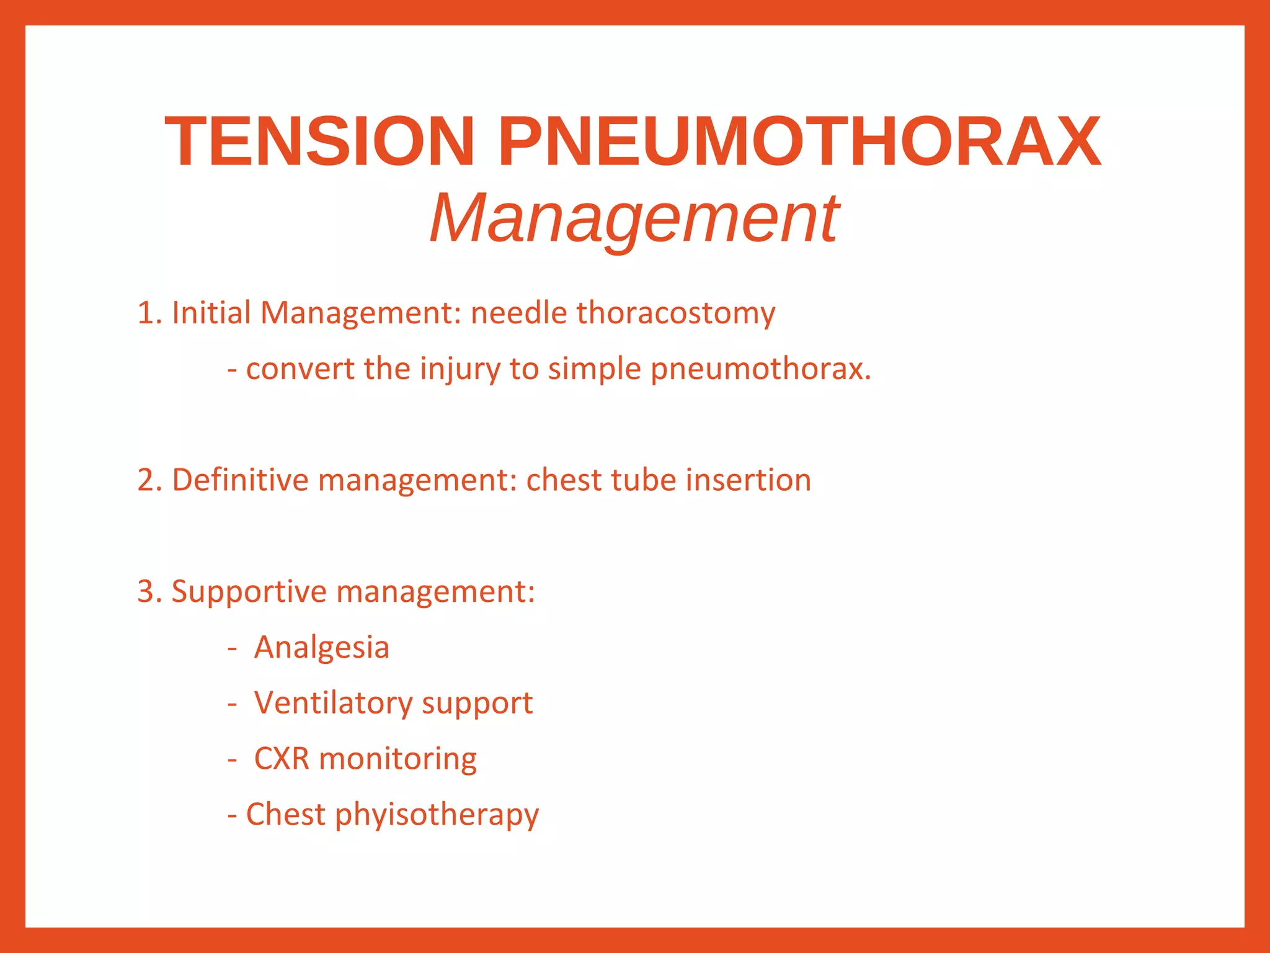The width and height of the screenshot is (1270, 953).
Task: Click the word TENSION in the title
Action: coord(319,142)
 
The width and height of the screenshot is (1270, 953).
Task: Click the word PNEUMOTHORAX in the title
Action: coord(799,142)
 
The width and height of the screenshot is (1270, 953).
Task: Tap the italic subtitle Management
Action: coord(634,218)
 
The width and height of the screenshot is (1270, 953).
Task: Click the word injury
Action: coord(460,370)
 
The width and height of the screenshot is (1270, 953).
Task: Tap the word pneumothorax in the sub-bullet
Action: coord(760,370)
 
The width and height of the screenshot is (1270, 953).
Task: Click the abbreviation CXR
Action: coord(282,759)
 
